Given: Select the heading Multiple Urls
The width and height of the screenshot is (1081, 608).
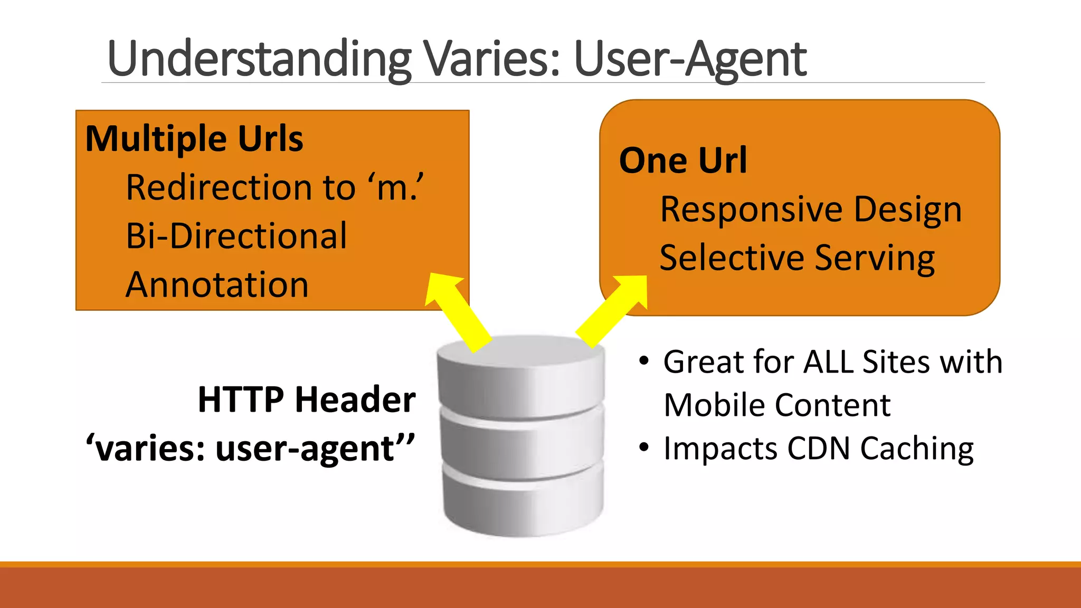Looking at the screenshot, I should pyautogui.click(x=194, y=139).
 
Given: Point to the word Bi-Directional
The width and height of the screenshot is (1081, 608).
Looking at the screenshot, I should pyautogui.click(x=236, y=236).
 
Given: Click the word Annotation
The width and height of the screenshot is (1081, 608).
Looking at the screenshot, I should pyautogui.click(x=217, y=285).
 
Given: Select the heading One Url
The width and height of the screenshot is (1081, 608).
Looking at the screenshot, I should pyautogui.click(x=683, y=160).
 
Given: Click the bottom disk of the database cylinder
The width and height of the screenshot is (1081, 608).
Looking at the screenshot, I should pyautogui.click(x=523, y=501).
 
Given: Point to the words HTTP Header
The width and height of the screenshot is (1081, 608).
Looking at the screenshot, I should pyautogui.click(x=306, y=400).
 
